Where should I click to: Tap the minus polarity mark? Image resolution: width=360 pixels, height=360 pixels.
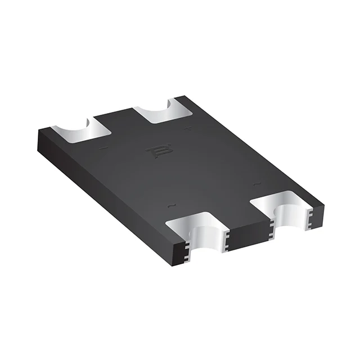coord(103,148)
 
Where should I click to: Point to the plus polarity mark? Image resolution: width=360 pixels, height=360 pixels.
coord(188,129)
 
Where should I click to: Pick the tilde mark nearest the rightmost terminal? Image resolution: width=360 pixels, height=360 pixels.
coord(256,183)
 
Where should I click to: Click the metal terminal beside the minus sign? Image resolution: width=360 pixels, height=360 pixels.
coord(83,128)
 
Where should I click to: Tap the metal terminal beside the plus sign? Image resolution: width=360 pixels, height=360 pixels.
coord(164,110)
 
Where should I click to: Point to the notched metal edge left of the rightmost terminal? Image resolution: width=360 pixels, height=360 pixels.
coord(272,227)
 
